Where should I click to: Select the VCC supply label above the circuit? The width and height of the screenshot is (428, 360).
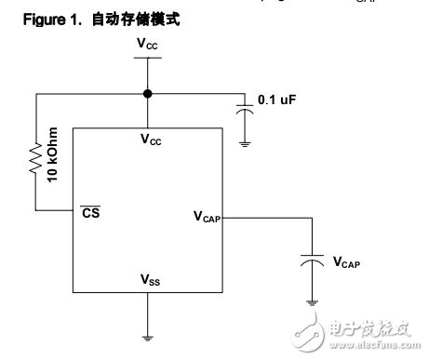click(x=147, y=44)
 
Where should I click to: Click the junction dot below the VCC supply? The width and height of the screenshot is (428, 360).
click(x=147, y=94)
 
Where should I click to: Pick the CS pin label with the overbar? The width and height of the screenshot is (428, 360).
click(x=91, y=212)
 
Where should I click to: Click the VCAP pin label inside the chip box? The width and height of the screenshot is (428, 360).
click(x=207, y=216)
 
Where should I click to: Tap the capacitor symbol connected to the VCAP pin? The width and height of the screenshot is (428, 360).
click(x=310, y=262)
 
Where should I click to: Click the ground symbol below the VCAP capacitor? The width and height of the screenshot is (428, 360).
click(x=310, y=302)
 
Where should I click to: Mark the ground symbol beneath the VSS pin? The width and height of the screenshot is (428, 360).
click(x=147, y=337)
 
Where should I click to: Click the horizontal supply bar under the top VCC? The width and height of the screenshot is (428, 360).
click(x=147, y=58)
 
